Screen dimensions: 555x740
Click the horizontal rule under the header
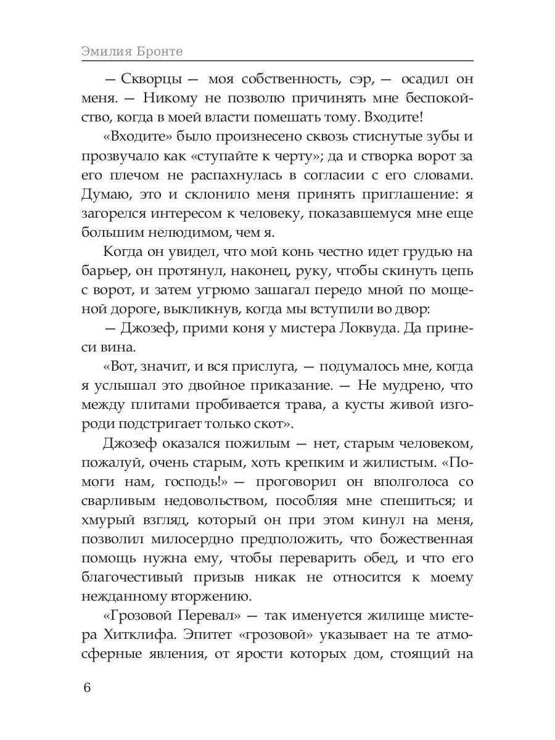[277, 61]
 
